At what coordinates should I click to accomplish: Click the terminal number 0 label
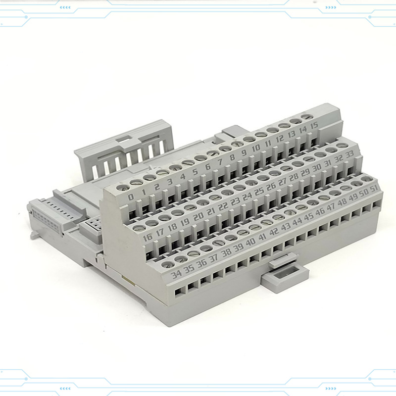point(131,197)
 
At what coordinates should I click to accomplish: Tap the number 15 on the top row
point(314,126)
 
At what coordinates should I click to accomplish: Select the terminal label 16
point(148,237)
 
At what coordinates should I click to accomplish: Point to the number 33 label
point(349,154)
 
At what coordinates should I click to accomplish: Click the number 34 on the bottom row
point(176,274)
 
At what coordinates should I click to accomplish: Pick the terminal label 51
point(374,189)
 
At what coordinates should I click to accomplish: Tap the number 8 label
point(232,157)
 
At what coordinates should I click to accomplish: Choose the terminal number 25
point(259,192)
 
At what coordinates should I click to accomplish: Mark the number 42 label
point(274,231)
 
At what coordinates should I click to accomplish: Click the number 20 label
point(198,216)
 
